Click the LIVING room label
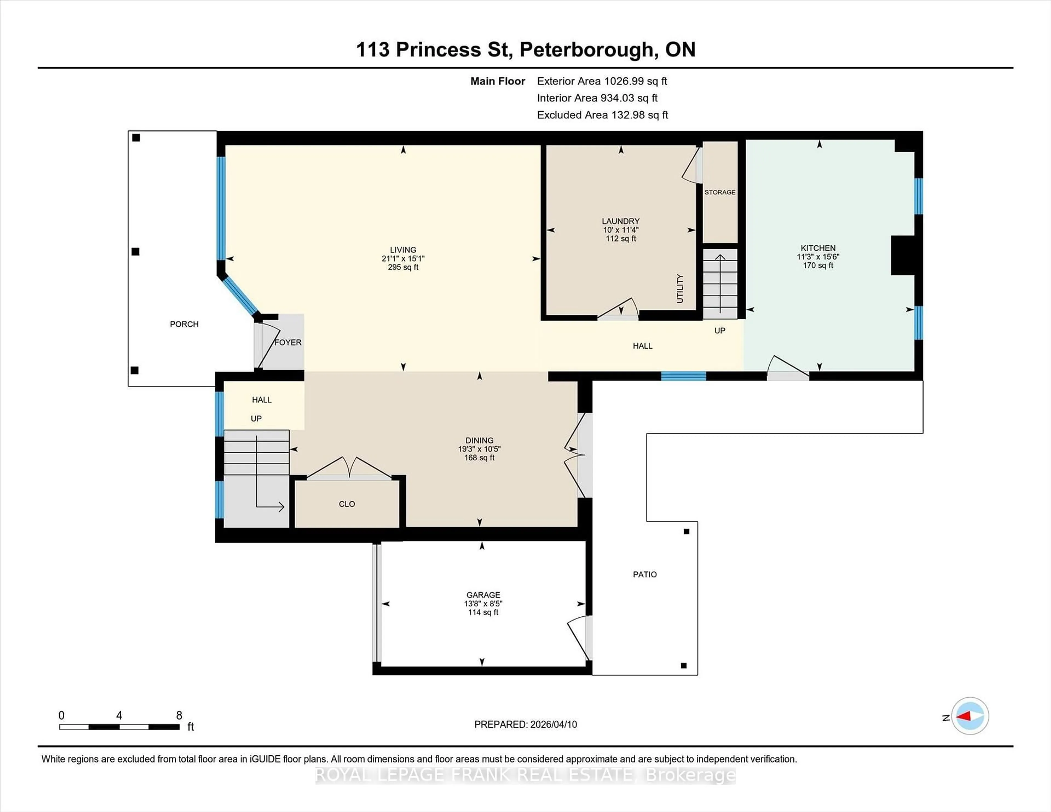[403, 250]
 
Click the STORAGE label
[720, 192]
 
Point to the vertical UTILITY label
[680, 289]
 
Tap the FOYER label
[288, 343]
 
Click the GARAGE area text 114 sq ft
[483, 612]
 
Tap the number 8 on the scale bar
[179, 715]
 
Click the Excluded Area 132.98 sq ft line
[602, 115]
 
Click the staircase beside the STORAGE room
[720, 284]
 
